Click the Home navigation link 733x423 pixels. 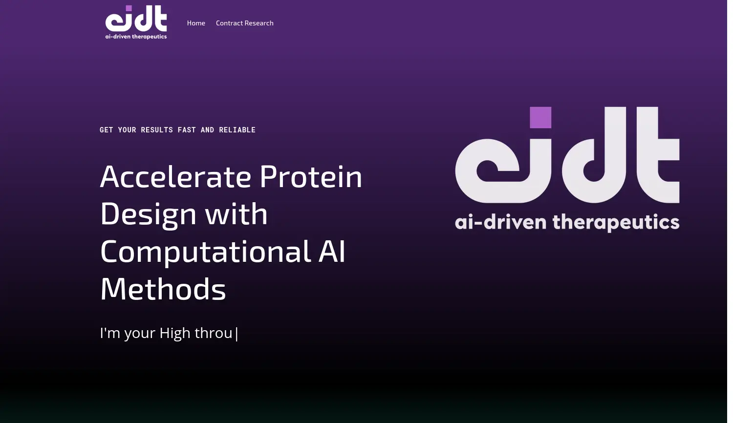pos(196,23)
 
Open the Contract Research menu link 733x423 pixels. pos(244,23)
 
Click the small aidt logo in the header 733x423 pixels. pos(136,22)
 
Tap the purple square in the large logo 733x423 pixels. pos(540,117)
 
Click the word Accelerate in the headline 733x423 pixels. pos(175,177)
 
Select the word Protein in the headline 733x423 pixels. pos(311,177)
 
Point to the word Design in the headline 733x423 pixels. pos(148,214)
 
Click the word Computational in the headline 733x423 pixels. pos(206,252)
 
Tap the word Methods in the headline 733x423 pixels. pos(163,289)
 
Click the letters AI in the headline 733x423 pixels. pos(332,251)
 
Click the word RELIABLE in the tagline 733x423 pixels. pos(237,130)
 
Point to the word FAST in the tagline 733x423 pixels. pos(187,130)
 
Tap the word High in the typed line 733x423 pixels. pos(175,334)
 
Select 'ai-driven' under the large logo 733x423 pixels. pos(501,222)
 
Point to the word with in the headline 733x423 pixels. pos(236,214)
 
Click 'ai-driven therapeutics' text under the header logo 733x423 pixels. pos(136,37)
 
